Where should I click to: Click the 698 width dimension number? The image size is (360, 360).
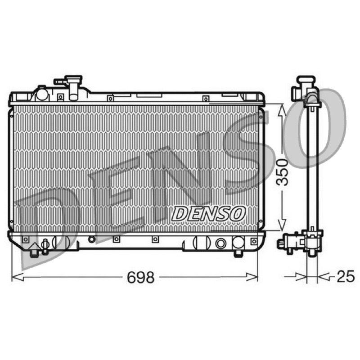(x=141, y=277)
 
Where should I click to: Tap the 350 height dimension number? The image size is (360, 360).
(x=282, y=172)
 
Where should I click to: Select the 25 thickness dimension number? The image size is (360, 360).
(x=346, y=276)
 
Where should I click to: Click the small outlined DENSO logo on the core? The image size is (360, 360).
(x=208, y=214)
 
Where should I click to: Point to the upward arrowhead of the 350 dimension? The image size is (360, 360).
(x=282, y=110)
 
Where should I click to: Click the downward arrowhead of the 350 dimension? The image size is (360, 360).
(x=282, y=225)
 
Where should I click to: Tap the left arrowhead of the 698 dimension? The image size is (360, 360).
(x=18, y=277)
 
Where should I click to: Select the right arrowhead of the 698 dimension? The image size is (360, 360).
(x=252, y=277)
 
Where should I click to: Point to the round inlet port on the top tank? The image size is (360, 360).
(x=42, y=94)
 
